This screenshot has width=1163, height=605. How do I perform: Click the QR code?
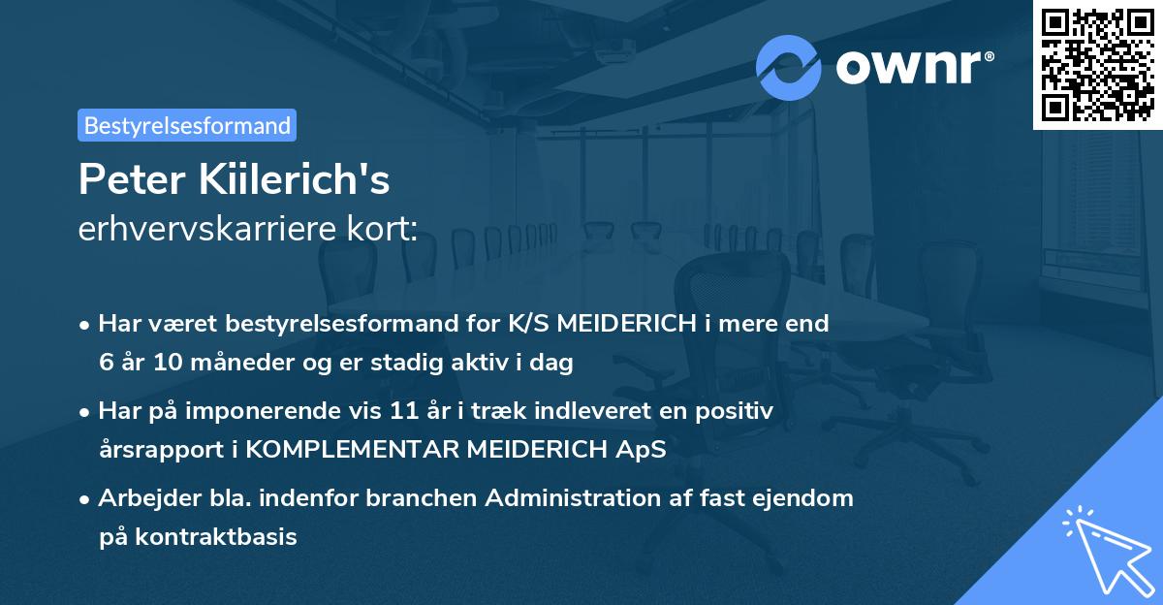tap(1098, 65)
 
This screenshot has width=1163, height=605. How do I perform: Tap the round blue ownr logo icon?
tap(789, 67)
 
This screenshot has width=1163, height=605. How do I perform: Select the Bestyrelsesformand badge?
tap(187, 125)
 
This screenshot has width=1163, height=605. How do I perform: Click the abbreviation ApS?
tap(644, 451)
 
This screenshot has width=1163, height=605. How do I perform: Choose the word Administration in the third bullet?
tap(581, 498)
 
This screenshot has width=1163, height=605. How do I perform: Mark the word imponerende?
tap(299, 411)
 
